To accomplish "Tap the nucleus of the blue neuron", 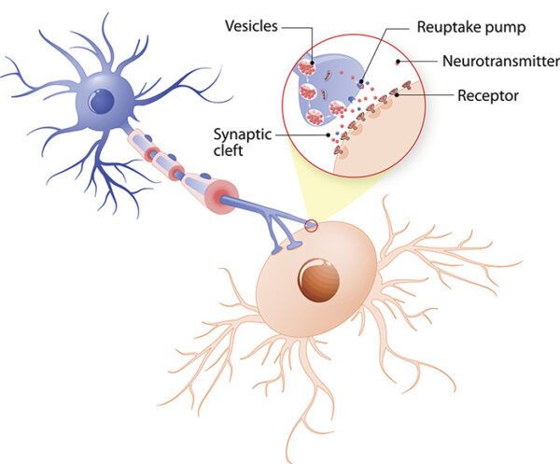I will [101, 99].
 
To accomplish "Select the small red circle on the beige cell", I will [310, 224].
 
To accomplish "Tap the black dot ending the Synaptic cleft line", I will [328, 134].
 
